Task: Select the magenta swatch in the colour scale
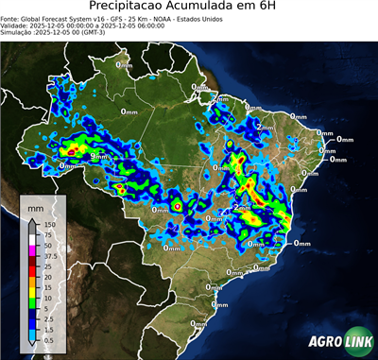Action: coord(32,250)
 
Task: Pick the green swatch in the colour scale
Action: coord(32,302)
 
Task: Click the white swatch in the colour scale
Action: coord(32,240)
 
